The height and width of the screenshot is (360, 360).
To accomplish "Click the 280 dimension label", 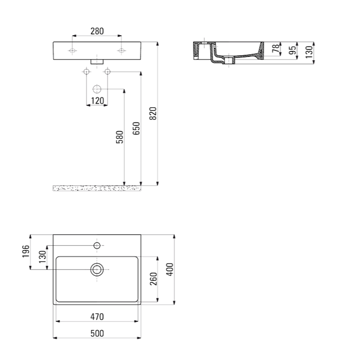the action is [x=97, y=31].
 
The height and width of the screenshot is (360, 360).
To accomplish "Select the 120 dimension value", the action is [x=97, y=100].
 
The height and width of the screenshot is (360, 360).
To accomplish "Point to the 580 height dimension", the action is [x=120, y=137].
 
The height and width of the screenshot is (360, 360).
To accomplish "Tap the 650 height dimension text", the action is [x=136, y=129].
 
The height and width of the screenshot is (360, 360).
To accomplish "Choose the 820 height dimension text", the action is [x=153, y=113].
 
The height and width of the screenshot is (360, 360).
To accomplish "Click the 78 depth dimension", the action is [x=276, y=48].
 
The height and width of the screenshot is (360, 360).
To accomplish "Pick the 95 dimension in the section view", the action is [x=292, y=50].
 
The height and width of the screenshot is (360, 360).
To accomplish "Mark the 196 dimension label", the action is [x=26, y=251].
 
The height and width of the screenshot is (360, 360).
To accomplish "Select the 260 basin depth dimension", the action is [x=153, y=279].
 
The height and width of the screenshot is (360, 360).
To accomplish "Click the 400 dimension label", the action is [x=170, y=270].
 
